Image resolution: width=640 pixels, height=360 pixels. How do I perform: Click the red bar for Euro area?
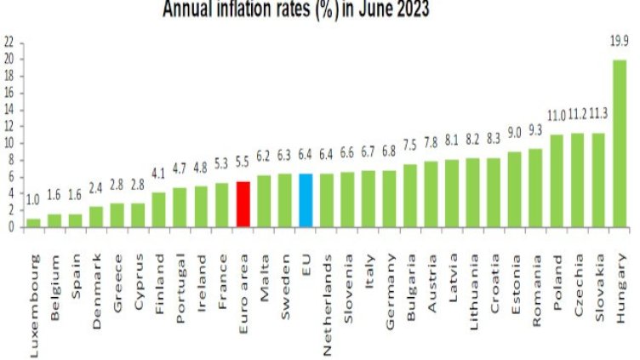243,204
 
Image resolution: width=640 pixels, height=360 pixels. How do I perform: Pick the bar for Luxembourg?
33,223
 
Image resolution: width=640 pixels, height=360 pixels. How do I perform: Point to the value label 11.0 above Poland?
557,114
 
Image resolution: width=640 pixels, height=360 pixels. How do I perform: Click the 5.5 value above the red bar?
243,161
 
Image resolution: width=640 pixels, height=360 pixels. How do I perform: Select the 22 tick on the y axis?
9,42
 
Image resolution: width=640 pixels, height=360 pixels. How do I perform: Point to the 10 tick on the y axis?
9,143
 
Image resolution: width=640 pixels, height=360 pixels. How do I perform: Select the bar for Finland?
159,210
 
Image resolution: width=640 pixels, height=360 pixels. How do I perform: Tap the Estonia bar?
515,189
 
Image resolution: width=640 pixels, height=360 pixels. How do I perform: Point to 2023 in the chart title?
408,9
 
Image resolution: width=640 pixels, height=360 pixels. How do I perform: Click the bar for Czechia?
578,180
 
